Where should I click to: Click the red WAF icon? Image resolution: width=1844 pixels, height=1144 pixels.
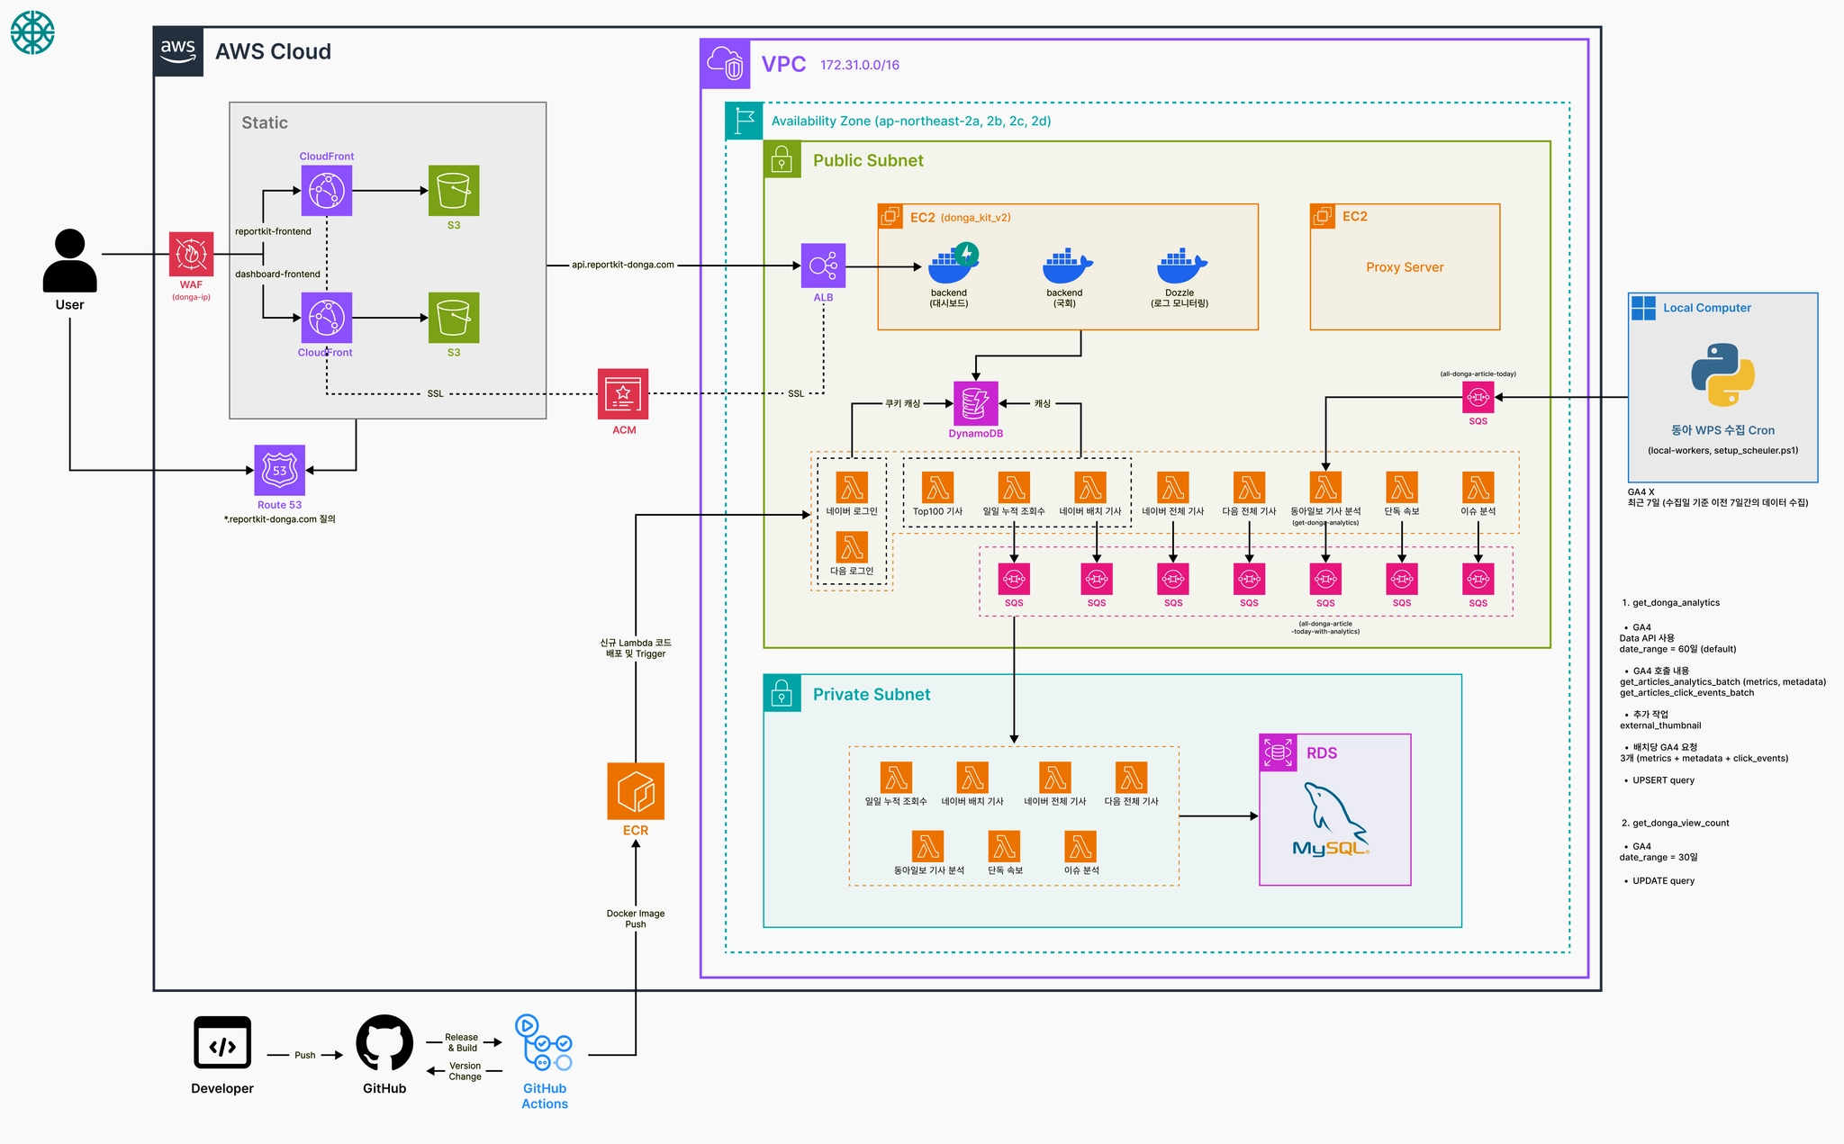point(191,254)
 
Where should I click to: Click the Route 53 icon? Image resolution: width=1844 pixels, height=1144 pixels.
point(279,470)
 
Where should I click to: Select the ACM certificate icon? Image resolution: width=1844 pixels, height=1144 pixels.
point(623,394)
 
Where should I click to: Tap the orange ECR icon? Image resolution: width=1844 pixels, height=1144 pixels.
point(636,791)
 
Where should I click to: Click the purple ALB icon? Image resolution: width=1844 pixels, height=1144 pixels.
point(823,266)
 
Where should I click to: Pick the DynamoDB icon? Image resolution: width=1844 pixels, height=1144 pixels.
point(975,403)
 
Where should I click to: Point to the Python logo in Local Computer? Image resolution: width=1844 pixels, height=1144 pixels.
point(1722,374)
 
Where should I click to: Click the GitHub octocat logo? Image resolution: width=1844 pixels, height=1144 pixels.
point(384,1044)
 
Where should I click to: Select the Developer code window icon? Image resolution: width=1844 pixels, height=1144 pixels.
point(222,1043)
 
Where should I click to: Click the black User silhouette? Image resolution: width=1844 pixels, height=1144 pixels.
point(70,260)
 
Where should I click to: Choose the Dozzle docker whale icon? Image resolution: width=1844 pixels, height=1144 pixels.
point(1180,266)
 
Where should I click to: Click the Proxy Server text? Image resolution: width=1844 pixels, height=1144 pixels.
point(1405,267)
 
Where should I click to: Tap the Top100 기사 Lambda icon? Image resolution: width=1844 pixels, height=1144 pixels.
point(937,488)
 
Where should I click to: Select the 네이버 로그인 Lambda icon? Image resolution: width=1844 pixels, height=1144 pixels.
point(852,488)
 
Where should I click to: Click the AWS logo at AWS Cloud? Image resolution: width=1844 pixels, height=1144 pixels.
point(178,51)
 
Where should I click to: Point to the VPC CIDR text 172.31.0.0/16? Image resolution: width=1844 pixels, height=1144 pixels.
point(859,65)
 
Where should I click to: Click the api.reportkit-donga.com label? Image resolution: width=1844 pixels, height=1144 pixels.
point(623,266)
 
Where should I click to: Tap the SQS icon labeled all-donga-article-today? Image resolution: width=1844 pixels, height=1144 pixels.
point(1478,397)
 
